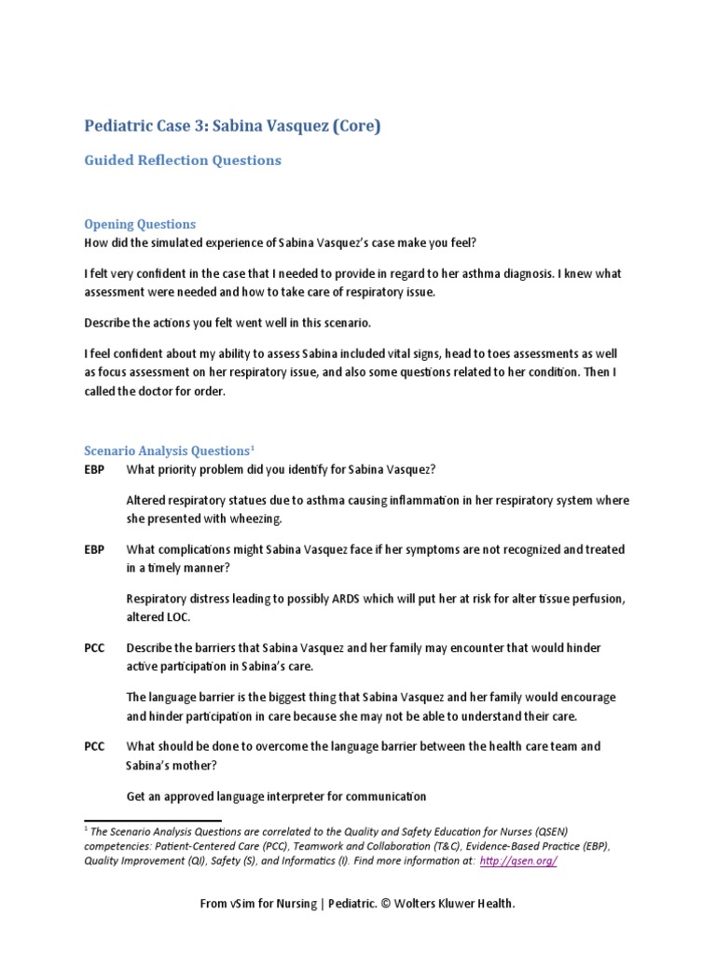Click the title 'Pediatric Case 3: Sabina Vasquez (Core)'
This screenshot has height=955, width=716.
pos(232,126)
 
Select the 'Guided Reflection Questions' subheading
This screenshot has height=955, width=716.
pos(183,160)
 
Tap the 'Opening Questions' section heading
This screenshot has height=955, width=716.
pos(140,224)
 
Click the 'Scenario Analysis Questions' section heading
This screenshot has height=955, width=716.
pos(165,450)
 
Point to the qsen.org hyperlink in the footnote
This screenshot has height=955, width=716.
pos(517,861)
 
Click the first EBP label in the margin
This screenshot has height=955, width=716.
pos(94,470)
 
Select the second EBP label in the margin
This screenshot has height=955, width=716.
pos(94,550)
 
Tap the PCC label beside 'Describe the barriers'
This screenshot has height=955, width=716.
pos(94,648)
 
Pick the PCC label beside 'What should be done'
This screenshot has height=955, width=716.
pos(94,746)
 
